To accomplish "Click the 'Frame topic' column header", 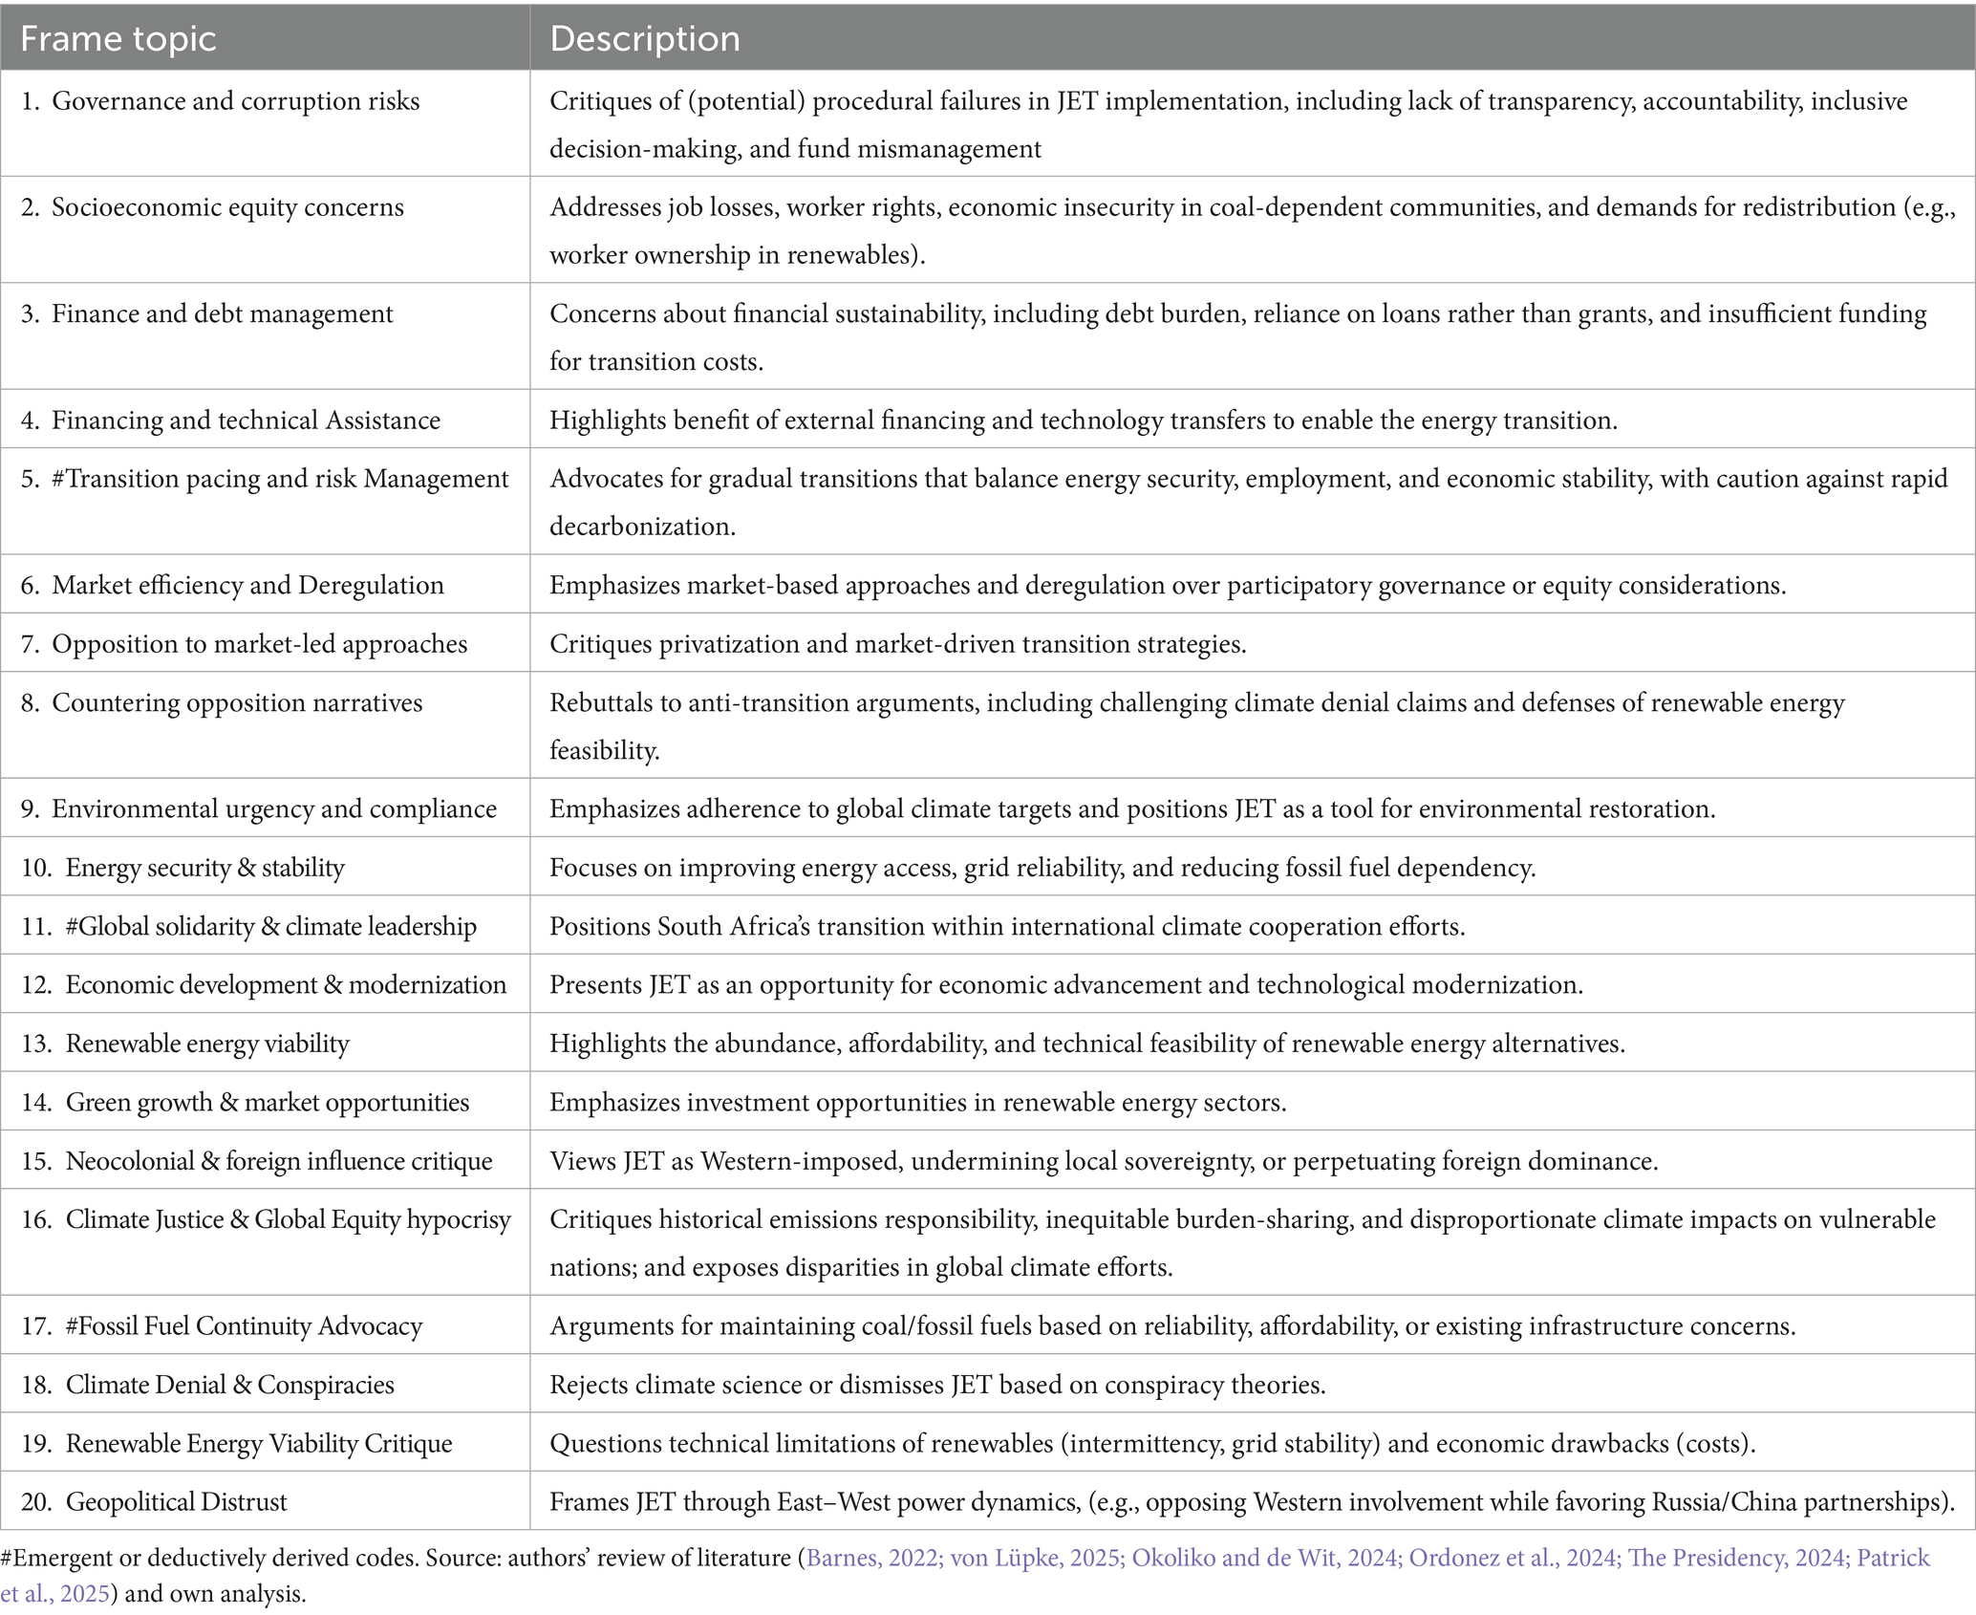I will click(x=118, y=38).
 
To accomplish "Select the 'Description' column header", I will click(x=645, y=38).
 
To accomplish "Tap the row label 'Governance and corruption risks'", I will click(x=235, y=101).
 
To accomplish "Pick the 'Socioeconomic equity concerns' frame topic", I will click(x=227, y=207).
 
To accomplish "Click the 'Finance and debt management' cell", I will click(x=222, y=313).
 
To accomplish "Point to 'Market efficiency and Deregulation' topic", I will click(x=247, y=585).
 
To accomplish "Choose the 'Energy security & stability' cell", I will click(x=204, y=868).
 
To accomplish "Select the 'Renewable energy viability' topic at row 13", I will click(x=207, y=1044).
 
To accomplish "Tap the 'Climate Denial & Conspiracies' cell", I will click(x=229, y=1385).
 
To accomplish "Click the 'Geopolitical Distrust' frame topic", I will click(x=176, y=1502).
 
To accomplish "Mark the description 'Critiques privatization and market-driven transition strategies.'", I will click(x=897, y=644).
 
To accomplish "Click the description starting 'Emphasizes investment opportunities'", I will click(x=917, y=1103).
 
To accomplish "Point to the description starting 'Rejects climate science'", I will click(x=937, y=1385).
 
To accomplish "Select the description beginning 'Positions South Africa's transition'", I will click(x=1007, y=927).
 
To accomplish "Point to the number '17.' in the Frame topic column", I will click(x=36, y=1326).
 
